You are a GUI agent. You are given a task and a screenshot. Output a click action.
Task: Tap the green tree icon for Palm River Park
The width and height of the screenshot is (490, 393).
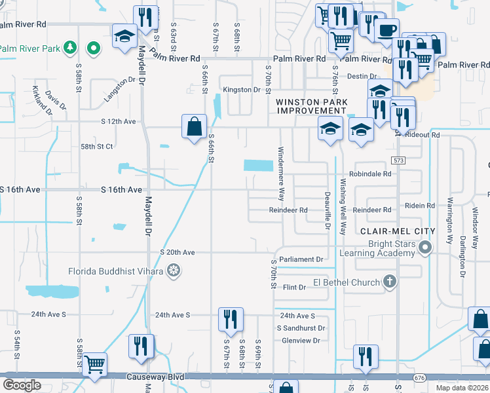[x=73, y=48]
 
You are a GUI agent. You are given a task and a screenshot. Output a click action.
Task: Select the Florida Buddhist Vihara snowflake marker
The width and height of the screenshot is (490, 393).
[x=174, y=270]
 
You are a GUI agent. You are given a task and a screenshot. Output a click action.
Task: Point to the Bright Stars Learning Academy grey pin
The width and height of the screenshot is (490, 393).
[x=426, y=248]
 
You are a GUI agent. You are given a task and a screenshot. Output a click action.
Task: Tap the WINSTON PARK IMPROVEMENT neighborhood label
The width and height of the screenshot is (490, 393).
[x=311, y=106]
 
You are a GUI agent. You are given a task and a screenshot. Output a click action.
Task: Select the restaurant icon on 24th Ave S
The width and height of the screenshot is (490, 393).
[x=231, y=319]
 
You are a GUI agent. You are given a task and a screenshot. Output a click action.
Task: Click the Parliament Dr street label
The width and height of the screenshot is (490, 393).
[x=301, y=259]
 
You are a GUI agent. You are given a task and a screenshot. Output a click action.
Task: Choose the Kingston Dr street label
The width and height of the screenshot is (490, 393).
[x=242, y=90]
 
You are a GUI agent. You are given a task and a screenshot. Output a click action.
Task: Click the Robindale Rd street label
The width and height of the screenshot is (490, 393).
[x=369, y=174]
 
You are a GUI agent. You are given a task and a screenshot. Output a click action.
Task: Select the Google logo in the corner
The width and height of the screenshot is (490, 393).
[x=22, y=385]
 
